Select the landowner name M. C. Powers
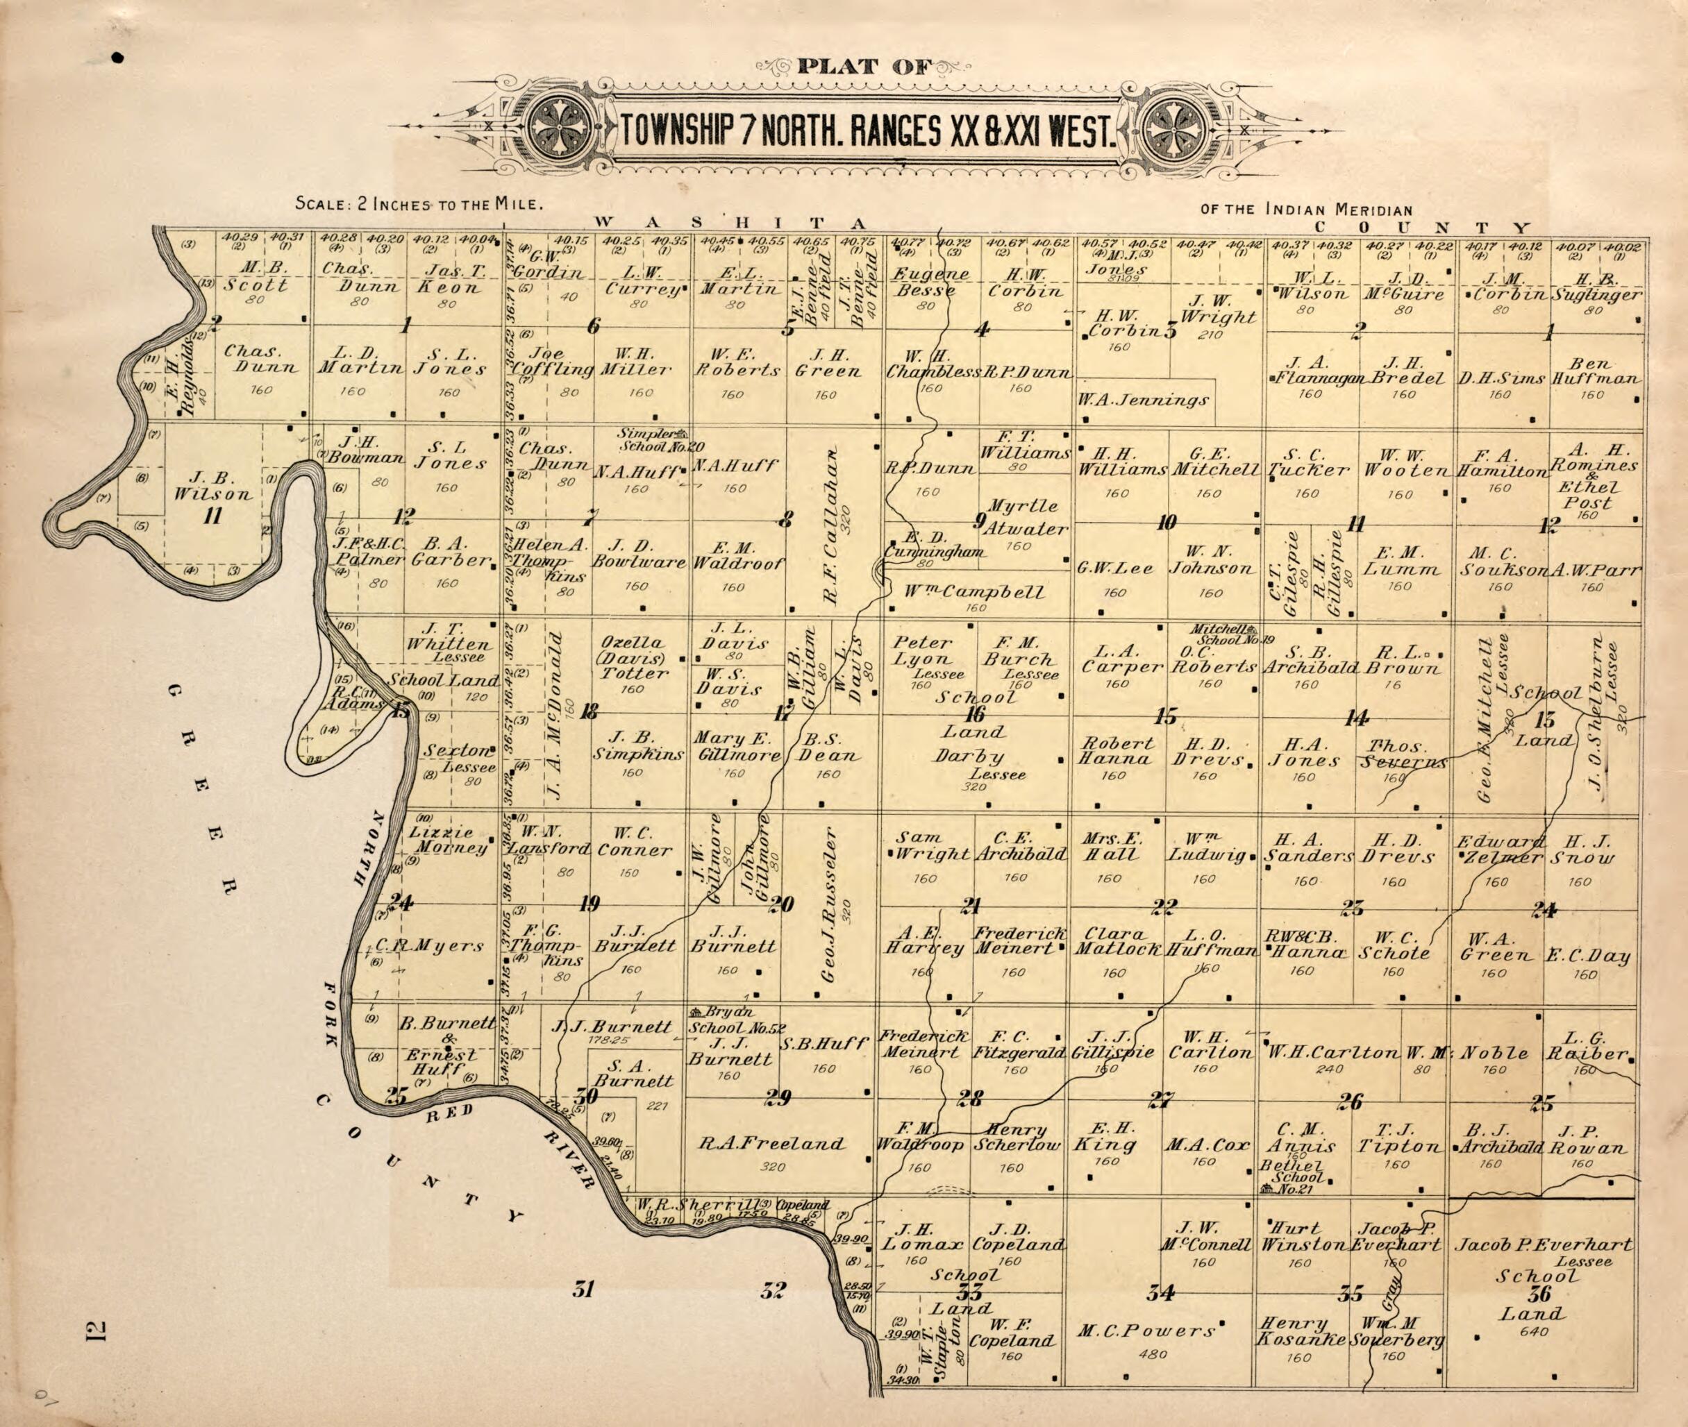1146,1330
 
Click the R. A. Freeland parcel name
771,1144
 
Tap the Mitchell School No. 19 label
1231,634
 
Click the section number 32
773,1290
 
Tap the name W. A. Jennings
1143,400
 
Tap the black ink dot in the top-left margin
118,58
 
